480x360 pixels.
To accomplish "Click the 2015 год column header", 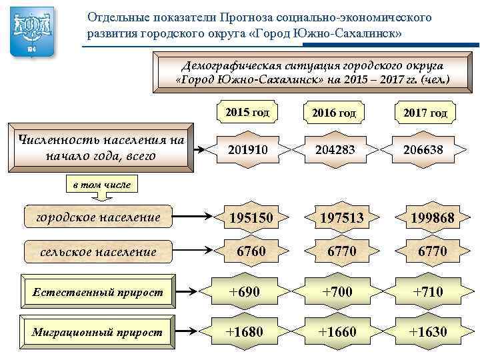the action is coord(247,113).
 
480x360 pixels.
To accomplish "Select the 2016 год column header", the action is coord(334,113).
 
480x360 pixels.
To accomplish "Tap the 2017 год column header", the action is coord(425,113).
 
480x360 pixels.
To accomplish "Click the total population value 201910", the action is coord(247,150).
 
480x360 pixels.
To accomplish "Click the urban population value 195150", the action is coord(247,217).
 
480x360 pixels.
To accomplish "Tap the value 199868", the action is coord(425,217).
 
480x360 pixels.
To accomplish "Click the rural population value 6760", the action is coord(247,251).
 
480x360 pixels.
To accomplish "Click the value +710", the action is coord(425,291).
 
